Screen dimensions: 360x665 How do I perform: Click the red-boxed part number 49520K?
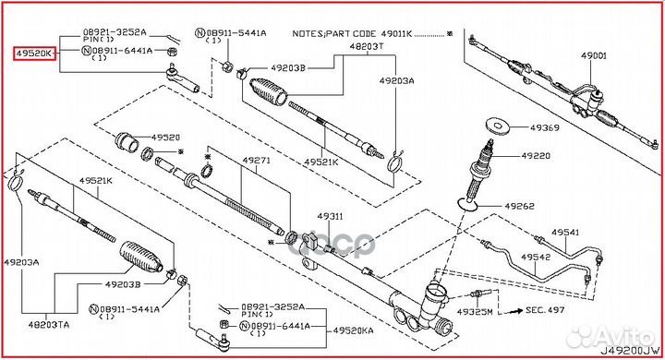pyautogui.click(x=33, y=54)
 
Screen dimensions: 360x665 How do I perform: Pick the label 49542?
pyautogui.click(x=536, y=255)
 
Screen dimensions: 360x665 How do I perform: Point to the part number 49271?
pyautogui.click(x=257, y=160)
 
